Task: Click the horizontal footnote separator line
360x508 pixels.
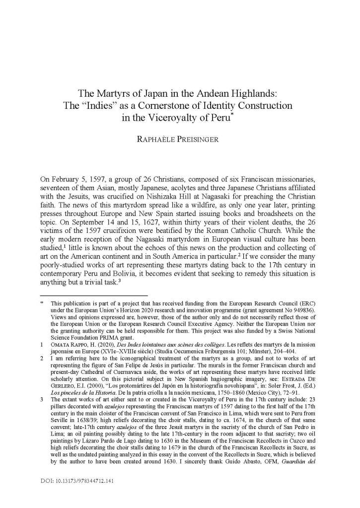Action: point(94,295)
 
